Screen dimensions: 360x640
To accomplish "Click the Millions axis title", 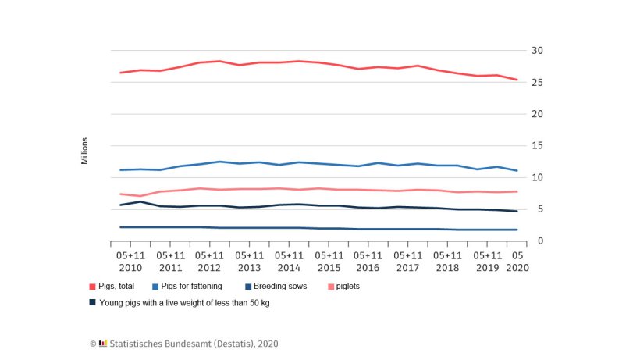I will click(84, 151).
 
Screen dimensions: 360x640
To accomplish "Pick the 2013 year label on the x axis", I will click(249, 267).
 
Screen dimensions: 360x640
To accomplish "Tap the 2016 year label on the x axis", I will click(368, 267).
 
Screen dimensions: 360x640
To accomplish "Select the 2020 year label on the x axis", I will click(517, 267).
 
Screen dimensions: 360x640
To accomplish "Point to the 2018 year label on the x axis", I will click(447, 267).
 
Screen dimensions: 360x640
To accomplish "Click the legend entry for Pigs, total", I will click(116, 287).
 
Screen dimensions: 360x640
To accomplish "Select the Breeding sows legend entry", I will click(275, 287).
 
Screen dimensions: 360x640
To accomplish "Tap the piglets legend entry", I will click(347, 287).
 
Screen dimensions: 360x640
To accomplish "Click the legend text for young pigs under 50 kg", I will click(184, 302).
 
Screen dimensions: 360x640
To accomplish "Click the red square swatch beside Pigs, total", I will click(92, 287).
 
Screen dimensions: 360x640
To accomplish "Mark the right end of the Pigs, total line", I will click(517, 80).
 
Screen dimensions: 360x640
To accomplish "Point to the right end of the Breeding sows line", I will click(517, 230).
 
